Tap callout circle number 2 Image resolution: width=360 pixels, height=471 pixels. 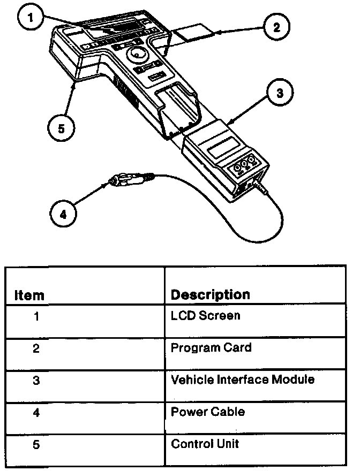click(276, 27)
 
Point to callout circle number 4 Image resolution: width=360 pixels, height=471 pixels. click(63, 214)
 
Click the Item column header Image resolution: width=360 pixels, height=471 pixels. click(29, 295)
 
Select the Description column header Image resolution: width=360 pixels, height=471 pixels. click(210, 294)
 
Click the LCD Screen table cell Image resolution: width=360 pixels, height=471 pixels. click(205, 315)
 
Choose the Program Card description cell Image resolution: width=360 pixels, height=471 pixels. click(211, 348)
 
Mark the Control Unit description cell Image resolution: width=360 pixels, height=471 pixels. click(205, 444)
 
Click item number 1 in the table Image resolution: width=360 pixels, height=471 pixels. click(36, 316)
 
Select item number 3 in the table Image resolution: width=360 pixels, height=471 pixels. click(36, 380)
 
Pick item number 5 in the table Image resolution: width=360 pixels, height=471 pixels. click(36, 444)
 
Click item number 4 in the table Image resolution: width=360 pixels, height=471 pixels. click(36, 412)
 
